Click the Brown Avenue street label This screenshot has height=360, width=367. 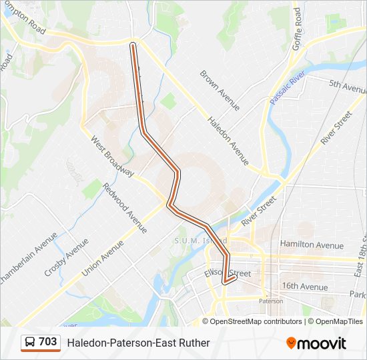(220, 89)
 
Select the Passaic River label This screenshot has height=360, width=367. (288, 87)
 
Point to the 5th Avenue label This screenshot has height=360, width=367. (346, 85)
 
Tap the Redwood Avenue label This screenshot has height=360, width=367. (124, 207)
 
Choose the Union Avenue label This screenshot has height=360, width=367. (103, 259)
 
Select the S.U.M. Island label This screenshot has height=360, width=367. (200, 240)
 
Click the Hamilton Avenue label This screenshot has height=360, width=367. (312, 245)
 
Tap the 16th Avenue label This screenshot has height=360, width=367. (304, 287)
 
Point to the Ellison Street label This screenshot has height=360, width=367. (230, 273)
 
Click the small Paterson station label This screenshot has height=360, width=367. (271, 301)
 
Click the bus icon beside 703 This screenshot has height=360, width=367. (30, 342)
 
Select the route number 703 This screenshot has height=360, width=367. (48, 342)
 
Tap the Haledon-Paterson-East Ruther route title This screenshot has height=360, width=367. (138, 343)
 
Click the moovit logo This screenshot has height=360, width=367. (316, 343)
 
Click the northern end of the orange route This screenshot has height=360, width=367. (133, 45)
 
